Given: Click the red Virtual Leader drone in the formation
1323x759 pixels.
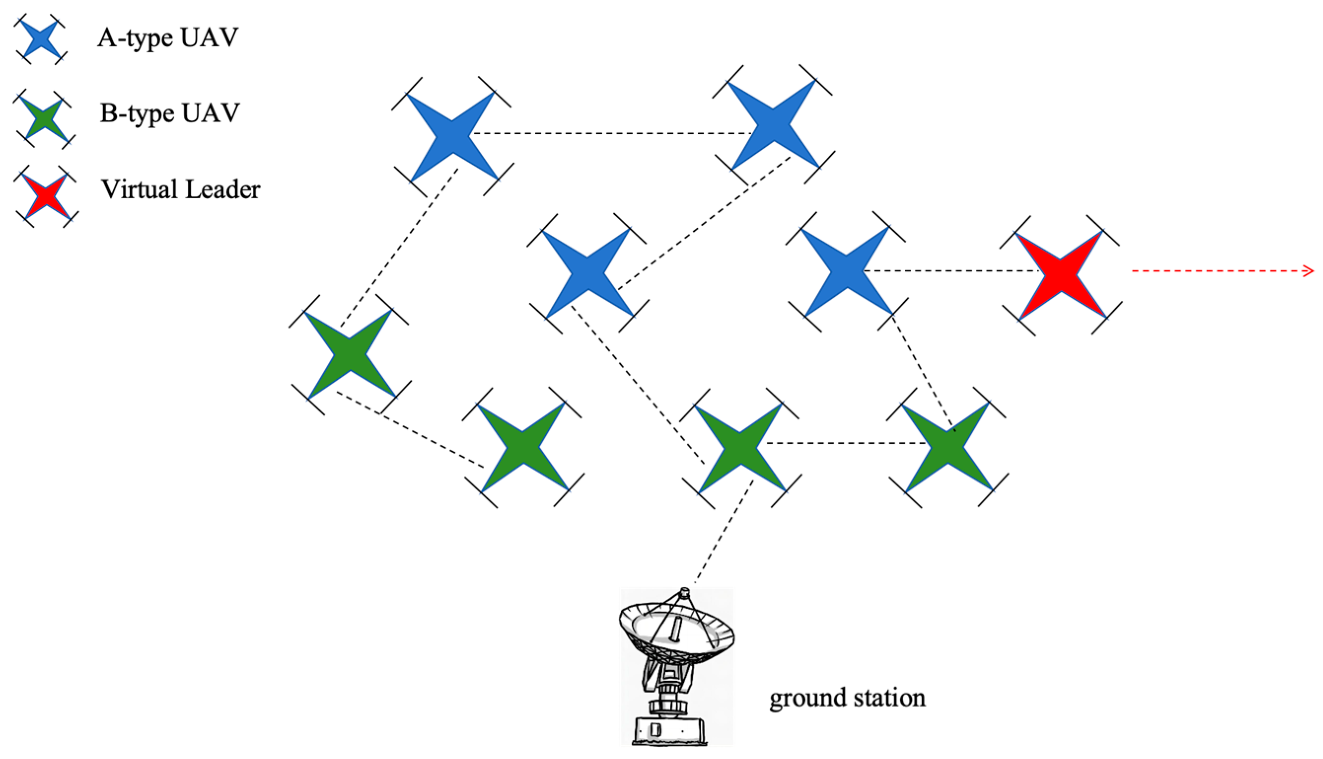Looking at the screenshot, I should pyautogui.click(x=1060, y=274).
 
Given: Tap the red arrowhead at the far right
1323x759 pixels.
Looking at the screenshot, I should pyautogui.click(x=1308, y=271).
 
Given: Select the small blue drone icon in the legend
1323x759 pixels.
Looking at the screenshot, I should pyautogui.click(x=40, y=39).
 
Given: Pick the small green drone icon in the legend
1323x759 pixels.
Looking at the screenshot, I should pyautogui.click(x=44, y=120).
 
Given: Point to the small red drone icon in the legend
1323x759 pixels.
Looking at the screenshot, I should pyautogui.click(x=46, y=196).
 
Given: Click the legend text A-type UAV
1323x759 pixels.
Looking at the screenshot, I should pyautogui.click(x=168, y=38).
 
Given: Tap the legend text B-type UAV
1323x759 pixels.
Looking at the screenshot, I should pyautogui.click(x=170, y=113).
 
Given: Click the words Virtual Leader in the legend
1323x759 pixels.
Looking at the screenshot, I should pyautogui.click(x=180, y=189).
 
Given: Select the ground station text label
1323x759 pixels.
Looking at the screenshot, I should pyautogui.click(x=847, y=697).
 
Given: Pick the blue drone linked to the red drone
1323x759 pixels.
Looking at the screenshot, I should pyautogui.click(x=846, y=272).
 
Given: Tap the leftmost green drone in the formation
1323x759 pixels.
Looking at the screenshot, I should pyautogui.click(x=349, y=355).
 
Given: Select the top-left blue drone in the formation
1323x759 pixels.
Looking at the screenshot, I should pyautogui.click(x=451, y=136).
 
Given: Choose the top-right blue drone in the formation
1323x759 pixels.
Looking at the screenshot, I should pyautogui.click(x=773, y=125).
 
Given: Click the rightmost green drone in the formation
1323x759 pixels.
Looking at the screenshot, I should pyautogui.click(x=947, y=447).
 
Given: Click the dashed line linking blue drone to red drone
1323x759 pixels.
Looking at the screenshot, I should pyautogui.click(x=951, y=271).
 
